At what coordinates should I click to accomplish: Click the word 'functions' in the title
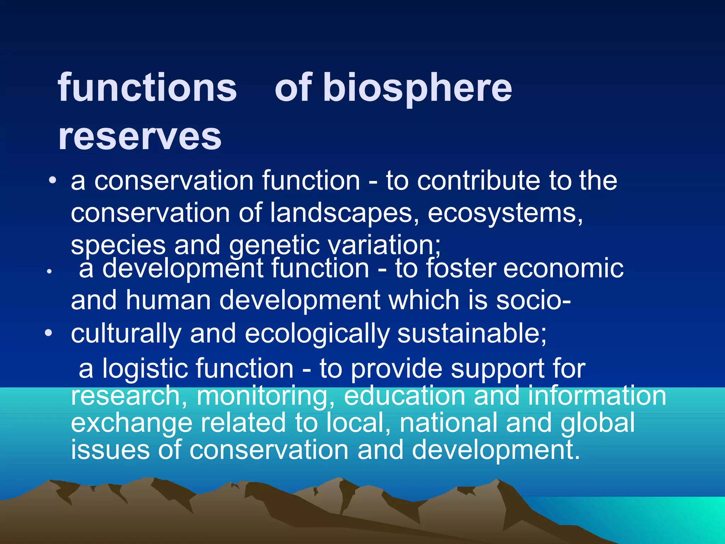147,87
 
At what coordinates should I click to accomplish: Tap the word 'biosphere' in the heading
418,87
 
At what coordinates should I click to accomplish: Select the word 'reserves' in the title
140,136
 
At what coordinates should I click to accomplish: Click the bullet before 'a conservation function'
53,181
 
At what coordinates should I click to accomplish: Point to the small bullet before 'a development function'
50,272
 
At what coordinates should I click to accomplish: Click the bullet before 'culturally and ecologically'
49,333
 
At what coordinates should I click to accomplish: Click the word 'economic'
563,268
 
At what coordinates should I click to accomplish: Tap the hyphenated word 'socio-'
533,300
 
